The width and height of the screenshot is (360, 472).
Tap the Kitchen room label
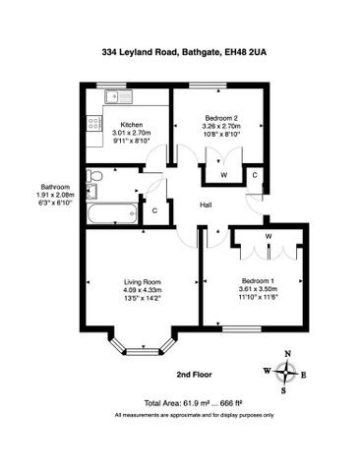tap(133, 124)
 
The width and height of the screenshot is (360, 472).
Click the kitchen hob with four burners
tap(96, 124)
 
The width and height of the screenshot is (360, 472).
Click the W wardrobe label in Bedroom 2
tap(224, 175)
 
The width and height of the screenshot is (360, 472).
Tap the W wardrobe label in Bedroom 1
tap(269, 236)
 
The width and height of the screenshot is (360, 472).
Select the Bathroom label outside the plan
tap(54, 187)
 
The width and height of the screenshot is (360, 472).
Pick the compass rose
tap(284, 372)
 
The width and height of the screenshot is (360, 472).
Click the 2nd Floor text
tap(196, 375)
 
